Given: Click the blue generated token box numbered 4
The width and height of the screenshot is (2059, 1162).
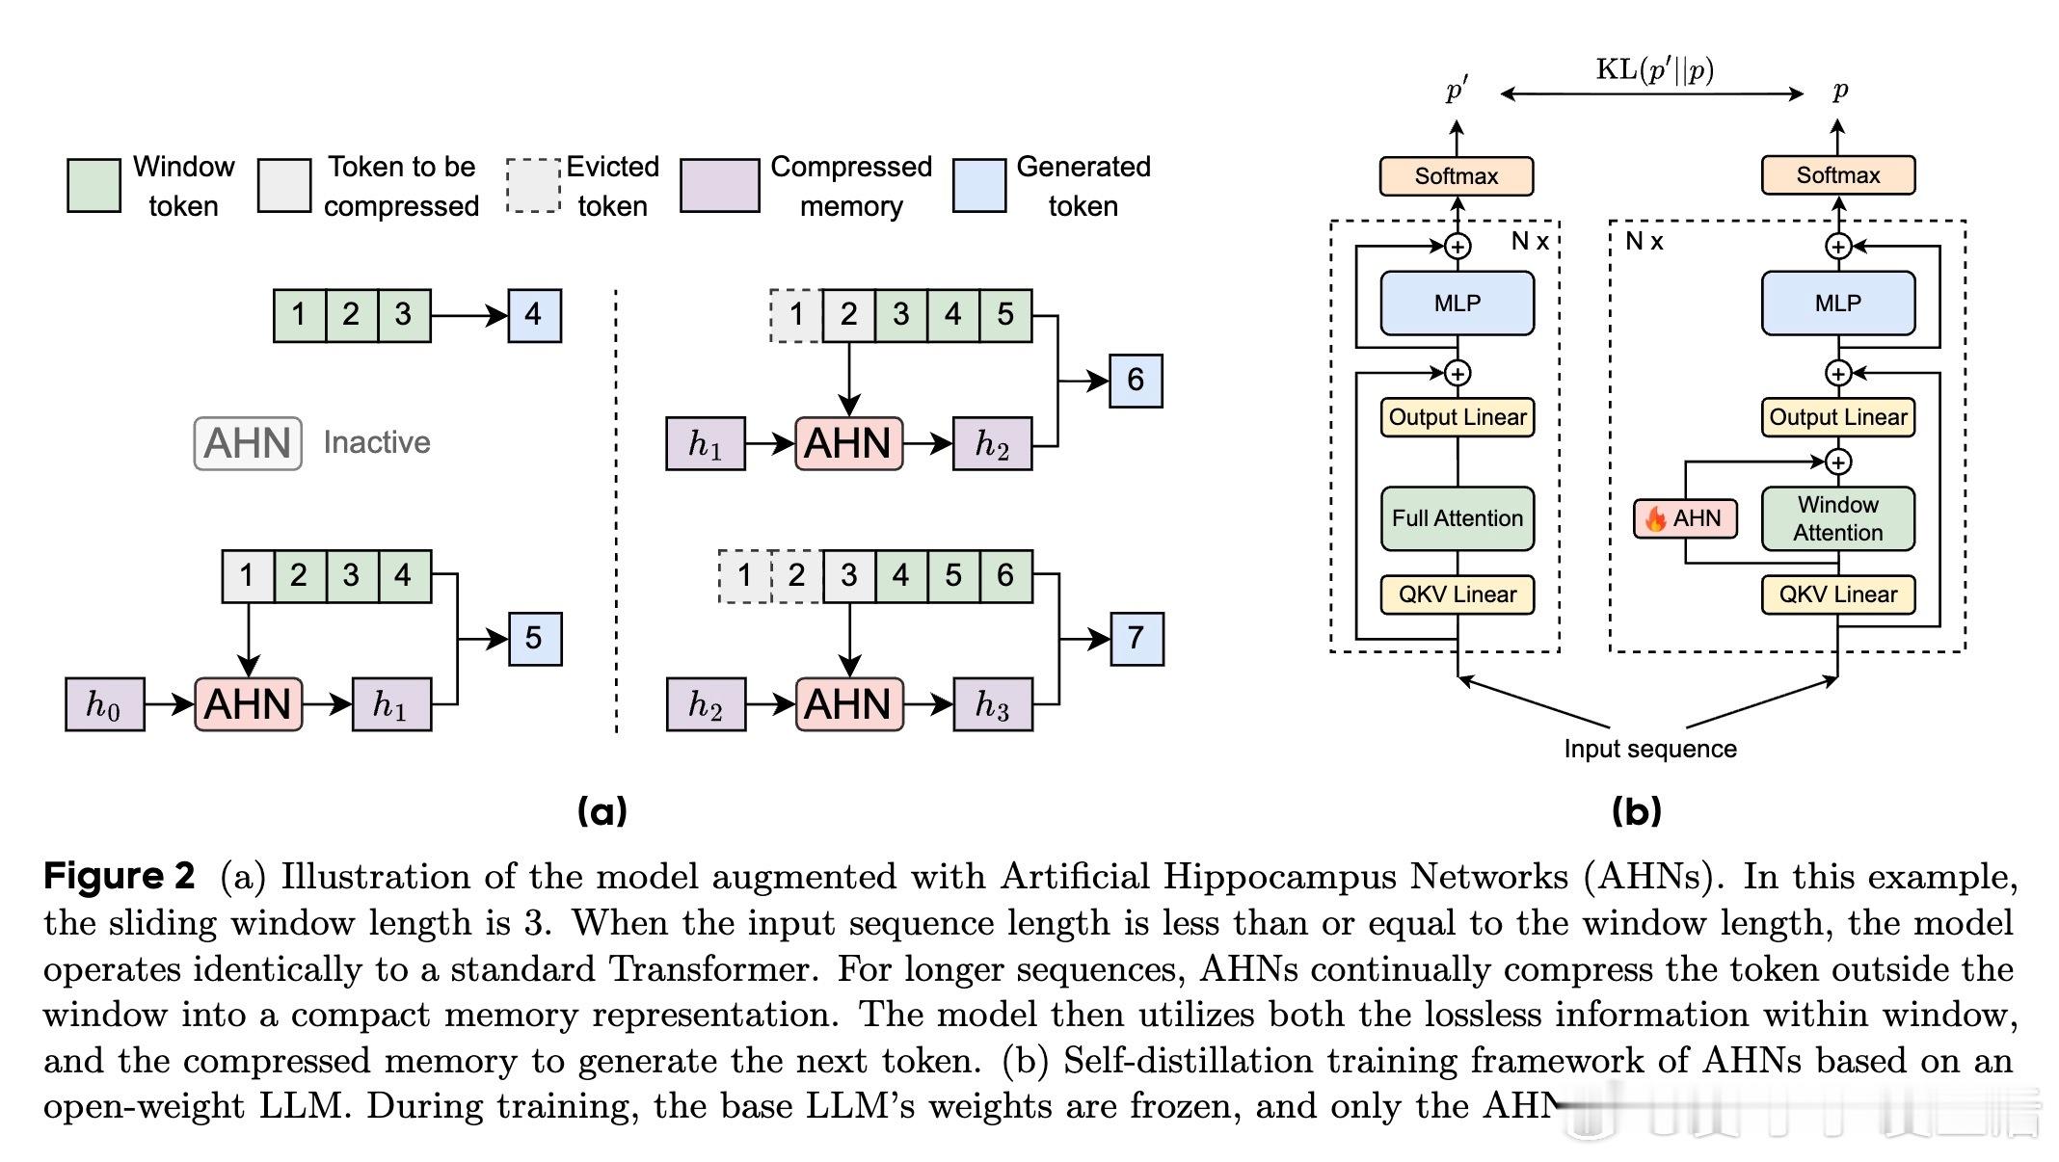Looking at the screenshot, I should (534, 315).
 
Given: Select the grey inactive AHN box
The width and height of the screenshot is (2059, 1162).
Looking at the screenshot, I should (248, 443).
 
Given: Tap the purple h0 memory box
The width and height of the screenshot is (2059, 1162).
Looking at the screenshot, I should (104, 704).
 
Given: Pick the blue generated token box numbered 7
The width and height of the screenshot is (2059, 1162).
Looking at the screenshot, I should (1136, 639).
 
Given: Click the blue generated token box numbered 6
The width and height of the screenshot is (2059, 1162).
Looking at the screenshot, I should (1136, 381).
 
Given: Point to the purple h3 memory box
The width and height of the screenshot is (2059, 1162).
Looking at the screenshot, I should (992, 704).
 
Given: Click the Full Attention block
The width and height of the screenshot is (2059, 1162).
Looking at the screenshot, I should (1457, 518).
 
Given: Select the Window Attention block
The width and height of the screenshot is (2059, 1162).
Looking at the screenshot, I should (1837, 518).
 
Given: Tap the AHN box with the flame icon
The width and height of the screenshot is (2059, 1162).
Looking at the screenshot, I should (1685, 518).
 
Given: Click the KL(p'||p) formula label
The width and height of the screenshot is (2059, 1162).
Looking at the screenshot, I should (1654, 70).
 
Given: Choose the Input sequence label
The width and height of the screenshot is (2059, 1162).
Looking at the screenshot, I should (1649, 749).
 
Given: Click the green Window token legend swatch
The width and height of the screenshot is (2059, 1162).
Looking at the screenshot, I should (94, 185).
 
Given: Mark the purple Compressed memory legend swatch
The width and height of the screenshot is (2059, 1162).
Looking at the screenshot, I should (719, 185).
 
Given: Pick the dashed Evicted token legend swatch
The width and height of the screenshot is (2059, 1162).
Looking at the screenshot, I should (533, 185).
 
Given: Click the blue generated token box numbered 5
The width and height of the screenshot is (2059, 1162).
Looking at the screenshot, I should (534, 639).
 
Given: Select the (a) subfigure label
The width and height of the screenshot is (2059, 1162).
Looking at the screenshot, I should (602, 811).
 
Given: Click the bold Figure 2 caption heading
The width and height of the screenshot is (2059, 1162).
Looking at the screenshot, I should (120, 876).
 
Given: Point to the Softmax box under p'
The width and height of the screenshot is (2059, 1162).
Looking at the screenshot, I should (1456, 176).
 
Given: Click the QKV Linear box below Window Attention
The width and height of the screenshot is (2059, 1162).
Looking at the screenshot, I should (1837, 594).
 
